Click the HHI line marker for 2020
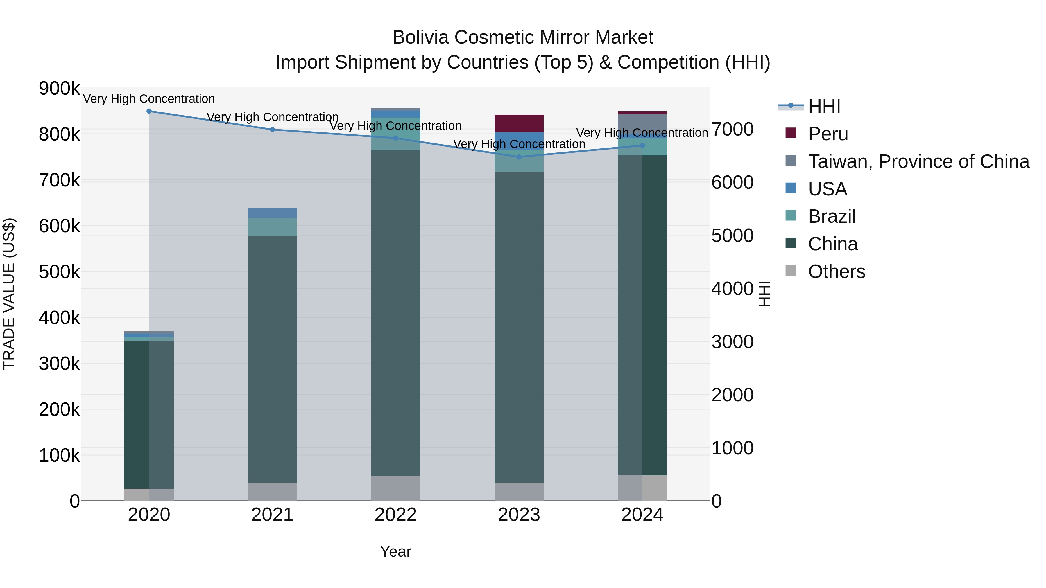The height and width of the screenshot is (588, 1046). tap(149, 111)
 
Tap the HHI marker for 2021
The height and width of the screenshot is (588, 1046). tap(273, 130)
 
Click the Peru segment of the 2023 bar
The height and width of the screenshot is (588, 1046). tap(519, 123)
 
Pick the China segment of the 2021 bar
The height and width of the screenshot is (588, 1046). tap(273, 359)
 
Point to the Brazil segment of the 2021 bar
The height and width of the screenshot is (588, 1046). tap(273, 227)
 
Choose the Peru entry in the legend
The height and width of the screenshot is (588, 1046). tap(828, 134)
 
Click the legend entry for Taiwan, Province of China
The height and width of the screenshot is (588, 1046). tap(918, 161)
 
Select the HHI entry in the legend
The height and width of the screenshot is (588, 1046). tap(824, 106)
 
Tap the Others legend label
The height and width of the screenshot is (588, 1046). tap(837, 271)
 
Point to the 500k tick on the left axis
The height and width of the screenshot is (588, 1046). tap(59, 272)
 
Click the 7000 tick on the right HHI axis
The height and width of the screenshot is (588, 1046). tap(732, 130)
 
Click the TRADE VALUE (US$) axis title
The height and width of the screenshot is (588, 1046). tap(9, 294)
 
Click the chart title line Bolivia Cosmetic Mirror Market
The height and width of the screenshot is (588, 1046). tap(523, 37)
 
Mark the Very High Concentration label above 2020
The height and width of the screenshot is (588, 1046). tap(149, 99)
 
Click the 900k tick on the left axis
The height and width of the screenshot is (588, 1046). tap(59, 89)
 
